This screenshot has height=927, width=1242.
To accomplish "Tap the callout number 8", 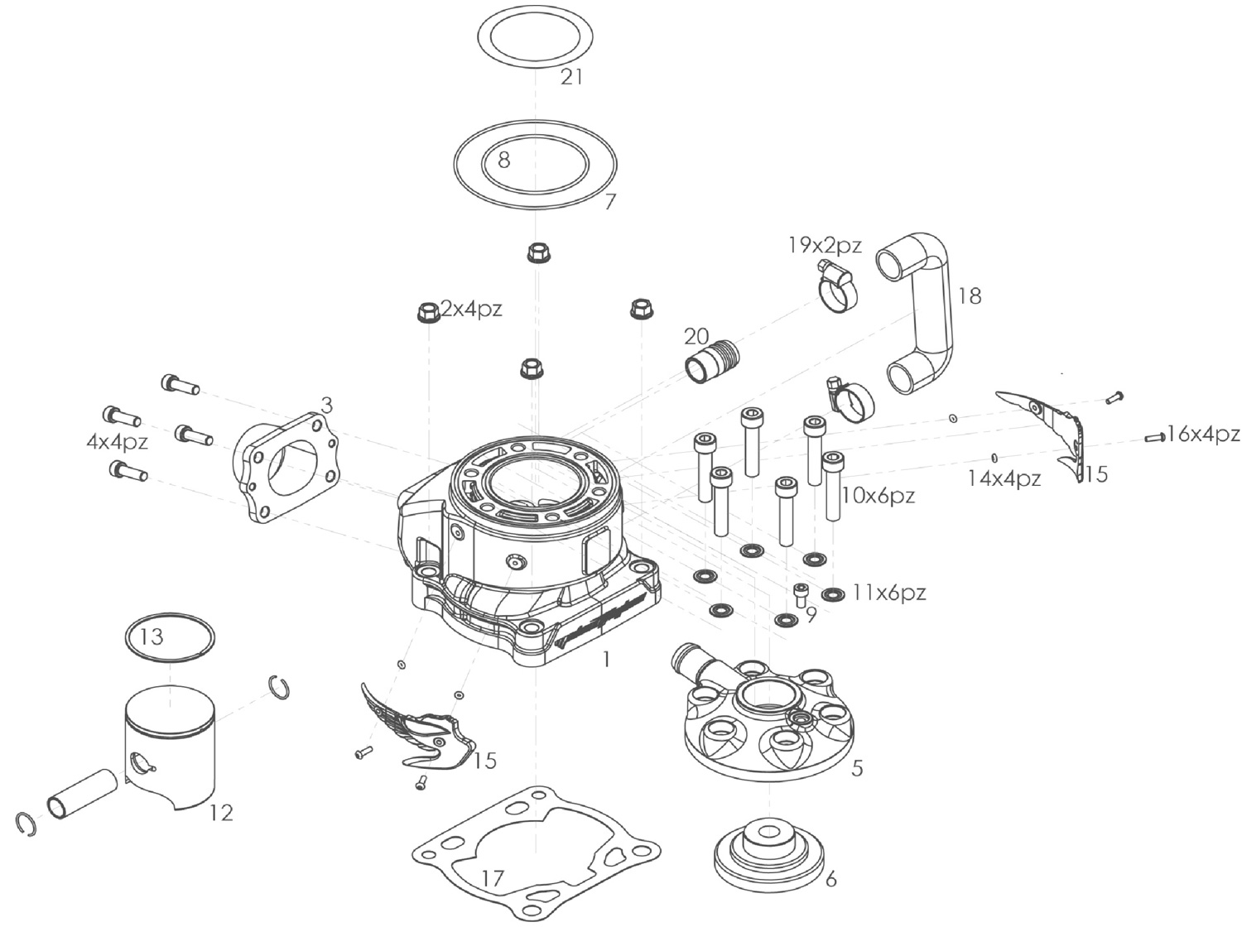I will coord(503,160).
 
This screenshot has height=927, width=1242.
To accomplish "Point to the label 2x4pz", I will coord(471,310).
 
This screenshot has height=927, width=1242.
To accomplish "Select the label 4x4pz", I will coord(118,442).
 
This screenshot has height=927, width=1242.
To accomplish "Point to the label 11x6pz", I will coord(889,593).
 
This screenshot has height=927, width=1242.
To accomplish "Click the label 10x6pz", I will coord(879,496).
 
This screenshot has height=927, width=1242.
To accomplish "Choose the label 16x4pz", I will coord(1203,434).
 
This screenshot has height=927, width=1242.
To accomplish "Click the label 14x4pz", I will coord(1004,478).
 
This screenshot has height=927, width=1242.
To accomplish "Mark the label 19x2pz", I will coord(825,245).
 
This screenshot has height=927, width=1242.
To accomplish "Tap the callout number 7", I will coord(610,201).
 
